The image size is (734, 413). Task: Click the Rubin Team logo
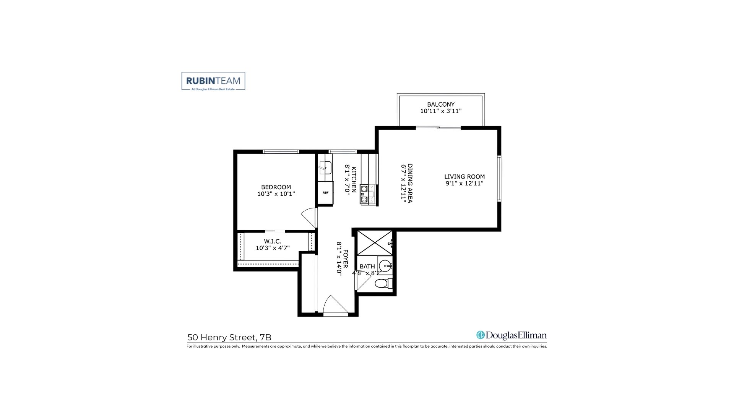[213, 81]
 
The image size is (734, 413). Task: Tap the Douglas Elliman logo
[512, 335]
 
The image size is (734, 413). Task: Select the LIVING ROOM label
[464, 177]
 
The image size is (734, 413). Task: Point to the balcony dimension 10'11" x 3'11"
[441, 111]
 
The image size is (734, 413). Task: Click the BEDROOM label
[276, 187]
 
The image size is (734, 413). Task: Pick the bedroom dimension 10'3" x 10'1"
[276, 194]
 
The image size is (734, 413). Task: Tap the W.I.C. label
[273, 241]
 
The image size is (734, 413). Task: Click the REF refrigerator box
[325, 193]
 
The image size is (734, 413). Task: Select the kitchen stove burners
[364, 194]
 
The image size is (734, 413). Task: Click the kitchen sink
[325, 168]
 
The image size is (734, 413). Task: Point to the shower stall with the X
[375, 243]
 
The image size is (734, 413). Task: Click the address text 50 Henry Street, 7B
[229, 337]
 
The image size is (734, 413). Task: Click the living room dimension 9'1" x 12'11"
[464, 184]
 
